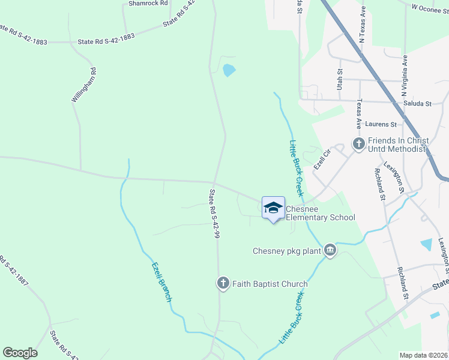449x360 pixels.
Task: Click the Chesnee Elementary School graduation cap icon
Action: click(273, 208)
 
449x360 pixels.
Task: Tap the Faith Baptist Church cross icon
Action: click(223, 283)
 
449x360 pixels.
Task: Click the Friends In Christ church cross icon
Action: click(358, 144)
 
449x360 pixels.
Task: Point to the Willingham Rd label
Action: click(85, 85)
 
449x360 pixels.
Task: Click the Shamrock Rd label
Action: click(146, 4)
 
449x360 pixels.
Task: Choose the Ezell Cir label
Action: click(322, 160)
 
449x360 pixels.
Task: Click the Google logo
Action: click(20, 352)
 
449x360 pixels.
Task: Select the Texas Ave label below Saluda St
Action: click(359, 114)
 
